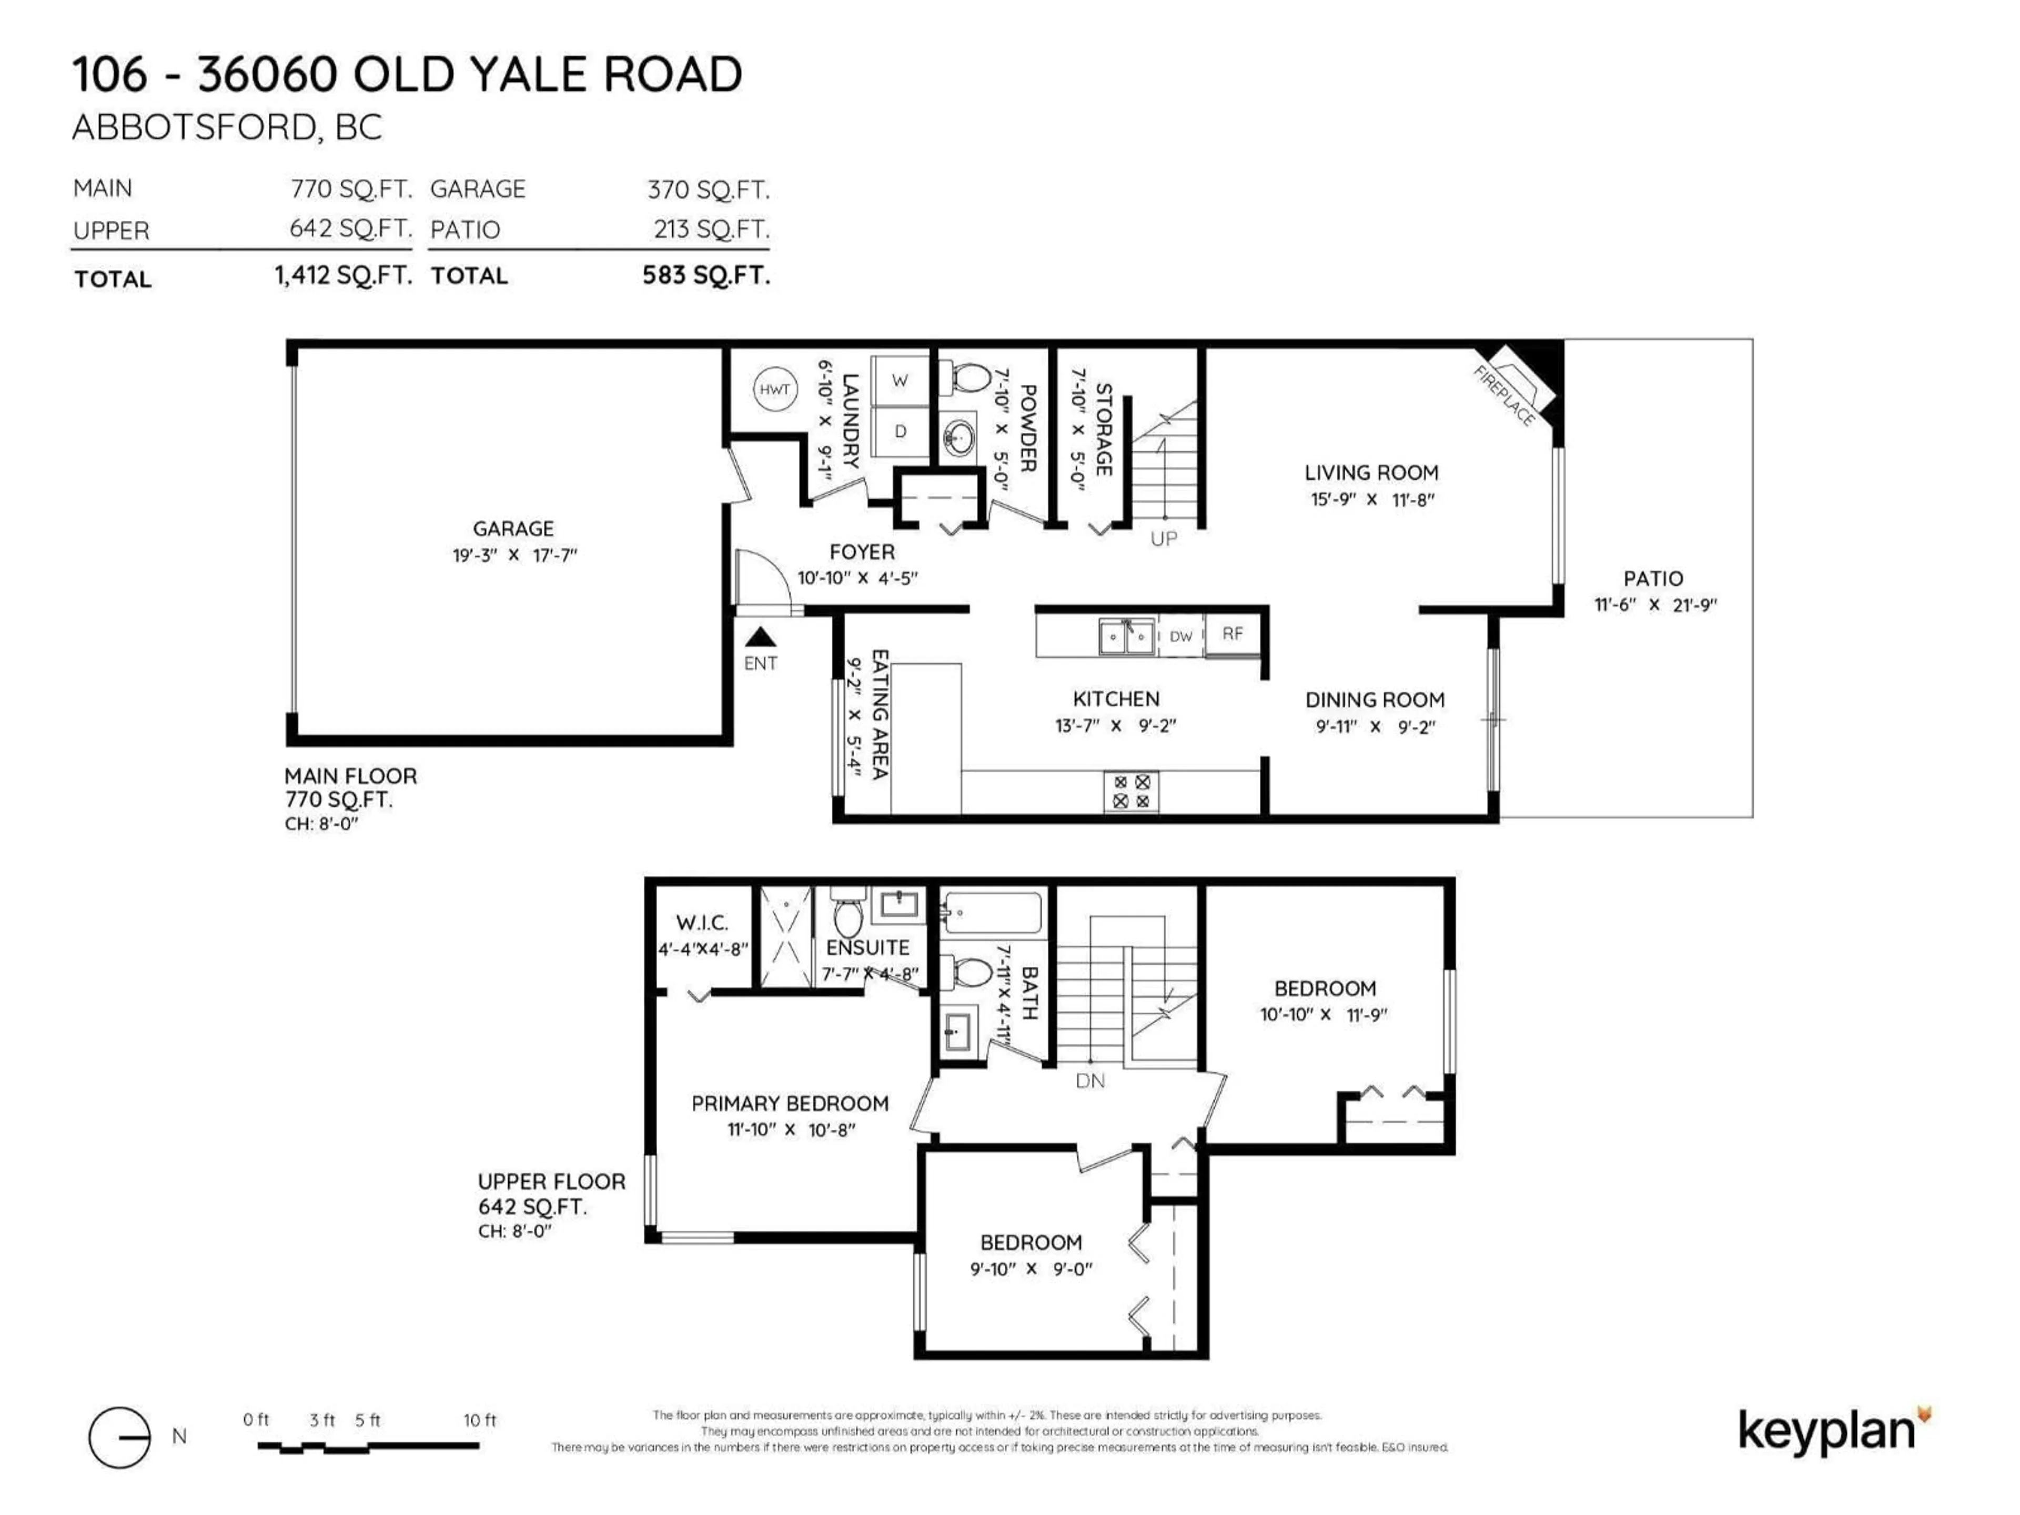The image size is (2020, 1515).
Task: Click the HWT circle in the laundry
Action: [774, 390]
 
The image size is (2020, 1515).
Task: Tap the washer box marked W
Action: [900, 380]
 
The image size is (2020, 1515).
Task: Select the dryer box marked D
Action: [900, 431]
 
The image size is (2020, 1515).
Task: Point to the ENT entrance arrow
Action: [760, 638]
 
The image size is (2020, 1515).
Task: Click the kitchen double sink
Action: [1126, 637]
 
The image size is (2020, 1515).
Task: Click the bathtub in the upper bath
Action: [992, 912]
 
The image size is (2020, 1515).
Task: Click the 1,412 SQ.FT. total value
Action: [344, 275]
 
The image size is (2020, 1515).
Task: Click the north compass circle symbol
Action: [119, 1437]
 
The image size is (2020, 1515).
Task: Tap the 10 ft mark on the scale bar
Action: [479, 1420]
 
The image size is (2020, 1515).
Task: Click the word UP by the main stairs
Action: [1164, 539]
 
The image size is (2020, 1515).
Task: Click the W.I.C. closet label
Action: [702, 922]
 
